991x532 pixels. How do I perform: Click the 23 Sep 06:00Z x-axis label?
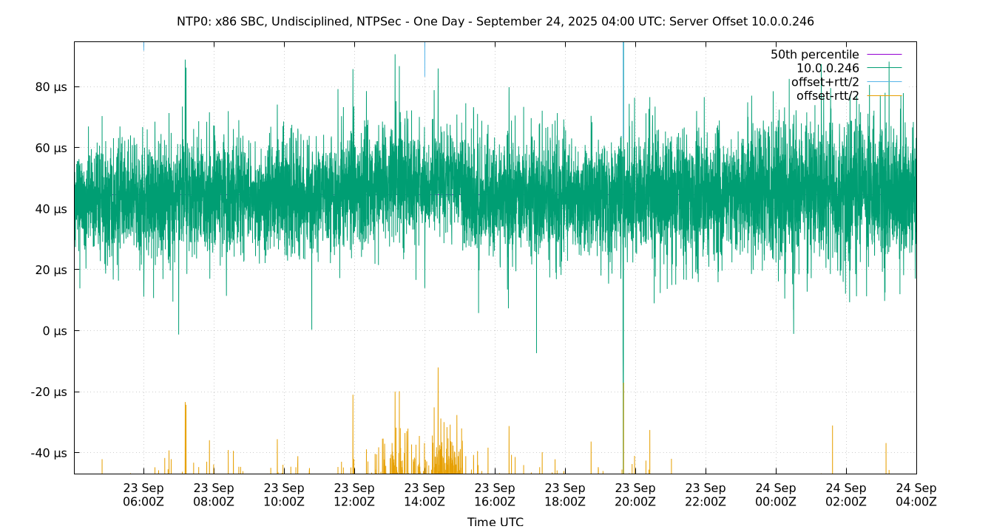(143, 494)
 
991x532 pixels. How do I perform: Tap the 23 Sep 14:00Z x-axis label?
(425, 494)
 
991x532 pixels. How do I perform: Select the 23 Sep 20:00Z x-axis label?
(635, 494)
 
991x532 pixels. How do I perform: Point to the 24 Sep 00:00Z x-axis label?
(776, 494)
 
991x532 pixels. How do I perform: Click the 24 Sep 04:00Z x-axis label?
(916, 494)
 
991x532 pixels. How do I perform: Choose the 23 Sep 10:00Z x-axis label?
(284, 494)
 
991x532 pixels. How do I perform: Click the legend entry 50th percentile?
(814, 55)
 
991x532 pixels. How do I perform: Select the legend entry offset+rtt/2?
(825, 82)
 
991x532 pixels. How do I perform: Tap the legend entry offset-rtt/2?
(828, 95)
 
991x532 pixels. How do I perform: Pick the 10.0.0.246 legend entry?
(828, 68)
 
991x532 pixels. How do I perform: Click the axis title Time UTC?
(495, 522)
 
